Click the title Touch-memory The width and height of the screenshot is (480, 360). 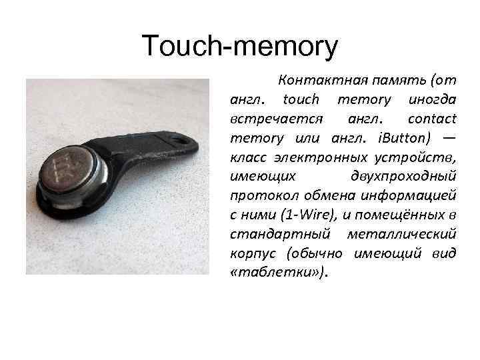coord(240,47)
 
